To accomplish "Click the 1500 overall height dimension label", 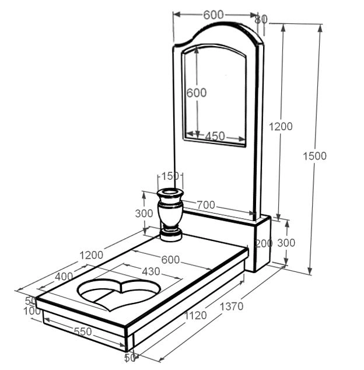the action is [314, 156].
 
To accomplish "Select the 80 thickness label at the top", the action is [261, 19].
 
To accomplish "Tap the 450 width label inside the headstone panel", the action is [215, 136].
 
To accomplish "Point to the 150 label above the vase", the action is [170, 176].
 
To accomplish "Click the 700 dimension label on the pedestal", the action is [206, 205].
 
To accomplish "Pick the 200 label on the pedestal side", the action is [264, 243].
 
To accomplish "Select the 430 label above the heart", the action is [151, 271].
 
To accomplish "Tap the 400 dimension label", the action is [64, 277].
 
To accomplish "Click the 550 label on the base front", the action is [83, 331].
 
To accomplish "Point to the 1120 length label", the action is [195, 315].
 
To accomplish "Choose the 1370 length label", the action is [232, 306].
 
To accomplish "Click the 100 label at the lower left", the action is [32, 312].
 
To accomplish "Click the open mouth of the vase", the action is [170, 192].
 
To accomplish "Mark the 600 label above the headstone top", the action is [213, 15].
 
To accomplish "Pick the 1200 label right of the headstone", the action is [281, 127].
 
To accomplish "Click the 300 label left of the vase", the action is [144, 214].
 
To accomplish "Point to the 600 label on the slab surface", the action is [170, 260].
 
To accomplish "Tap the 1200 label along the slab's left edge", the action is [92, 255].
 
